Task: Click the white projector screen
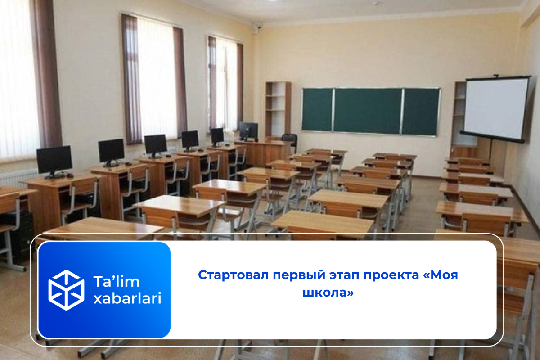(496, 108)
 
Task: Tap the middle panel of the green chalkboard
(367, 111)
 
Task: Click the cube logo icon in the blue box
(66, 290)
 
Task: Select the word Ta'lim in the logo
(117, 281)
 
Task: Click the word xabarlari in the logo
(127, 298)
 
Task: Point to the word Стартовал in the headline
(234, 274)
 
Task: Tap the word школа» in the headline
(328, 292)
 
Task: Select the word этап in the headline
(344, 275)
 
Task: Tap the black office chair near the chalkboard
(289, 142)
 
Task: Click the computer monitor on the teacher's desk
(248, 131)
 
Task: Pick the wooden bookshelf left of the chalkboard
(278, 110)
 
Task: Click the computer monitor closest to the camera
(54, 162)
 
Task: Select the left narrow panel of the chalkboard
(317, 110)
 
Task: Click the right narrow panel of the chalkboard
(421, 112)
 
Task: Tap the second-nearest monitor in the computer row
(112, 153)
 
